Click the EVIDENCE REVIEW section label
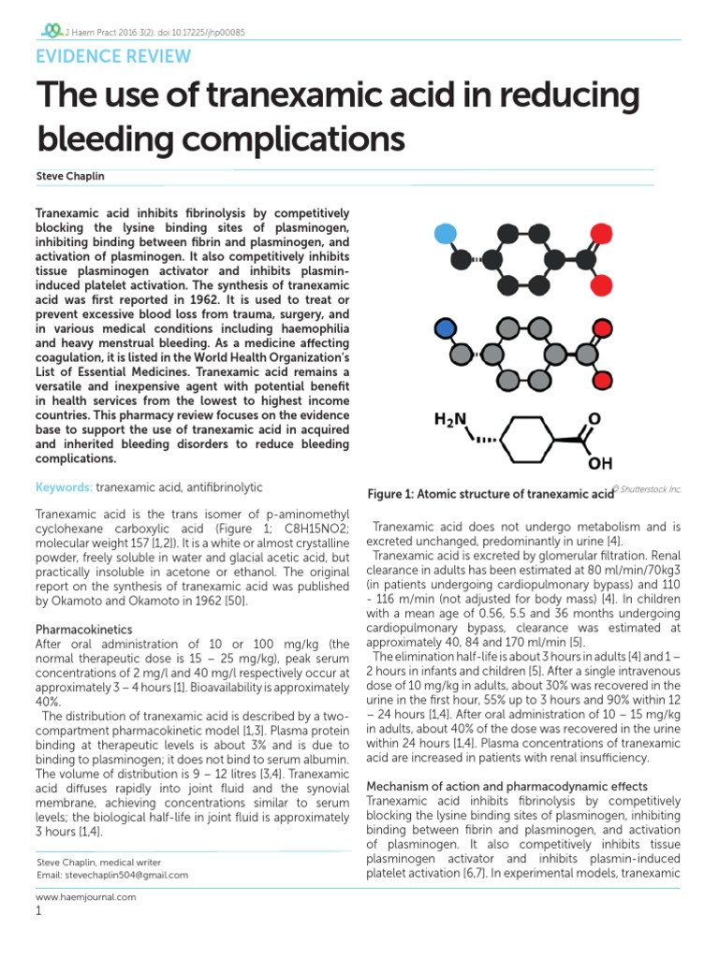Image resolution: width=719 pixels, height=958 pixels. (x=112, y=56)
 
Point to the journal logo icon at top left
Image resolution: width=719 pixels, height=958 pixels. (x=43, y=30)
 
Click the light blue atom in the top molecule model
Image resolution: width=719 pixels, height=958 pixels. (x=448, y=233)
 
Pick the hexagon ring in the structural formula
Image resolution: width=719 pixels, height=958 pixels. (x=531, y=437)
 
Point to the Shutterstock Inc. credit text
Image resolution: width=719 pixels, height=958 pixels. (x=648, y=488)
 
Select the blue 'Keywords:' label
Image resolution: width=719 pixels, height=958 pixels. (x=64, y=487)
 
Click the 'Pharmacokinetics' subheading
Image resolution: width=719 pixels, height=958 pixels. (x=84, y=630)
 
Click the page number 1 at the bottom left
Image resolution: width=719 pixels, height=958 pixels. (x=38, y=911)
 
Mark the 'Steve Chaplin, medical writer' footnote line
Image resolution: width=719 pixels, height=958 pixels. (x=98, y=862)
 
